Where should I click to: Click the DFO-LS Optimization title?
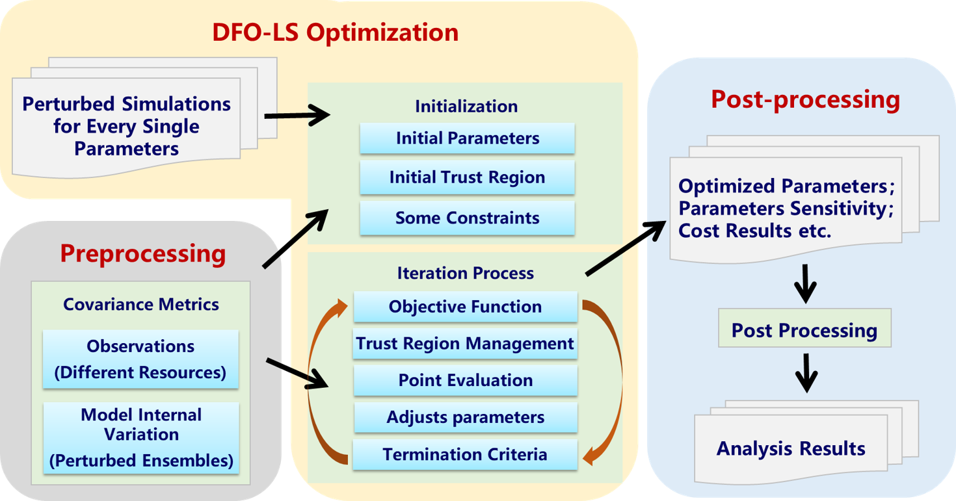[x=335, y=32]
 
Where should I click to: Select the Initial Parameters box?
[x=467, y=138]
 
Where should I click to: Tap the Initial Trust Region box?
[x=467, y=177]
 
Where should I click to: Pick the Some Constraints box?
[x=467, y=218]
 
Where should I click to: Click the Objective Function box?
[x=465, y=307]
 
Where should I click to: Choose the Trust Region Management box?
[x=465, y=343]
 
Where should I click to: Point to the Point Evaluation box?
[x=465, y=380]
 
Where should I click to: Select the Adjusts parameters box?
[x=465, y=417]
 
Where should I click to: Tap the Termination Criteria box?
[x=465, y=454]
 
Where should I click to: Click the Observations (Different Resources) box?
[x=140, y=359]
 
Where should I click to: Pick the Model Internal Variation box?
[x=141, y=437]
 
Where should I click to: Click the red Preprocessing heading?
[x=143, y=253]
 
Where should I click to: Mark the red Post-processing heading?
[x=805, y=99]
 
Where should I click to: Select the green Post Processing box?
[x=804, y=330]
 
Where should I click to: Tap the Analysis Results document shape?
[x=791, y=448]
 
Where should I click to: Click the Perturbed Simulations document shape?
[x=126, y=127]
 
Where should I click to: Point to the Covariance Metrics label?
[x=141, y=304]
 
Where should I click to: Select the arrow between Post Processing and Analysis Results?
[x=806, y=372]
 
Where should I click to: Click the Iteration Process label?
[x=465, y=273]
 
